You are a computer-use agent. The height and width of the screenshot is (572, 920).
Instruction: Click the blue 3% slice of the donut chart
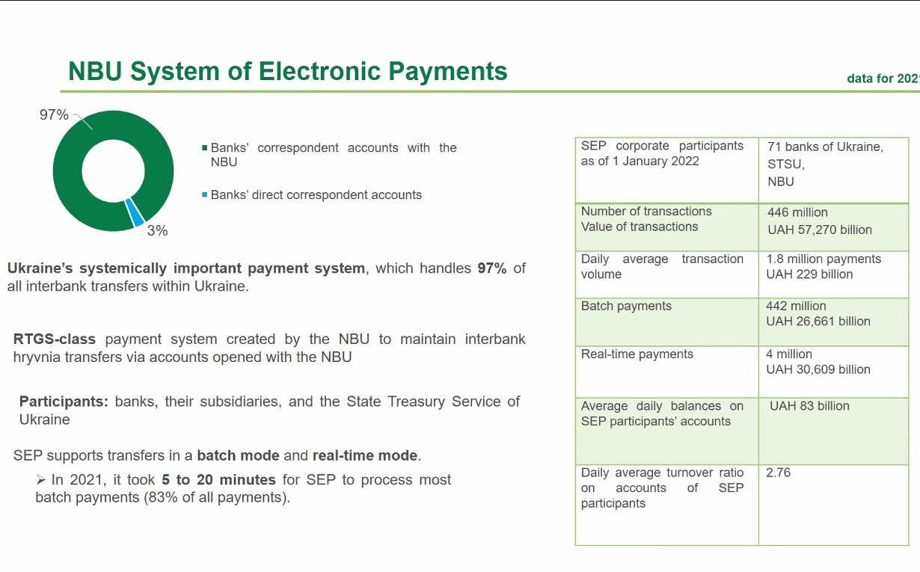(135, 212)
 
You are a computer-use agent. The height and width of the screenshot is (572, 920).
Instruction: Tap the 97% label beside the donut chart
(54, 114)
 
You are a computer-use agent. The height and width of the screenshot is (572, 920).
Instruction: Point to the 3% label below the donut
(157, 230)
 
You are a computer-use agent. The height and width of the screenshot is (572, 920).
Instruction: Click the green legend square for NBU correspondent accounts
(204, 148)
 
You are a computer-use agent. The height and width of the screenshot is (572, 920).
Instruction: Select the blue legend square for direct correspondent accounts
(204, 194)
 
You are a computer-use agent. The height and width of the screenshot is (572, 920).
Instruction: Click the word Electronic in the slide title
(319, 71)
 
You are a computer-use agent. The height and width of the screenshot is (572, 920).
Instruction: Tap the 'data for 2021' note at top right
(883, 78)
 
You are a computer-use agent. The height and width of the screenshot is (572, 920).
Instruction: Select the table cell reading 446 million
(797, 212)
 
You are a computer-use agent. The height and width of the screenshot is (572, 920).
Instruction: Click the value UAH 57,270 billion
(819, 230)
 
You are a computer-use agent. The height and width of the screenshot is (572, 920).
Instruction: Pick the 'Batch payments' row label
(626, 306)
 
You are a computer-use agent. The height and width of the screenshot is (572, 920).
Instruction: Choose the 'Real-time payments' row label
(637, 354)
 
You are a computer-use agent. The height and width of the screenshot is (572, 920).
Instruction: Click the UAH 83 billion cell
(809, 406)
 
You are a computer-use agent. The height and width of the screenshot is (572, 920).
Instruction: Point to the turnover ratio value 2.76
(778, 473)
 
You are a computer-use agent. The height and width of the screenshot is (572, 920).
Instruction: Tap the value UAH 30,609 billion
(818, 369)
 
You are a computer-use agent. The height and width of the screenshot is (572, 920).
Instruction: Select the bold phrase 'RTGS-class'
(54, 339)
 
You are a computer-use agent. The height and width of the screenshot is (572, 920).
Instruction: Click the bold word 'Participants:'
(64, 402)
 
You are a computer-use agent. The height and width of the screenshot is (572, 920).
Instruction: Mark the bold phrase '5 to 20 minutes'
(218, 479)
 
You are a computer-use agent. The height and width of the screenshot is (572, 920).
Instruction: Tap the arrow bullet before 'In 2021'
(40, 479)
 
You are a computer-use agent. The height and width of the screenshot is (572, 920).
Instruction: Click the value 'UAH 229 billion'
(809, 274)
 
